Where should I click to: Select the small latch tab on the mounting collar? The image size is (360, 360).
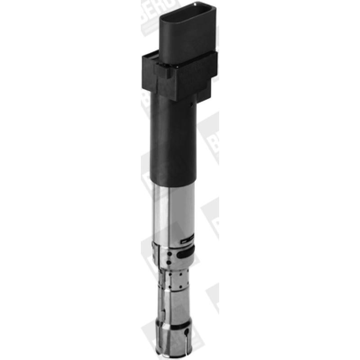point(162,72)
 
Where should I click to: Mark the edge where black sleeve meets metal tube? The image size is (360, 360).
point(173,184)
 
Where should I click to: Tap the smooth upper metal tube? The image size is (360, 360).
point(173,211)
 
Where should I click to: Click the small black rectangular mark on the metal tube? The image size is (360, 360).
point(187,241)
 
